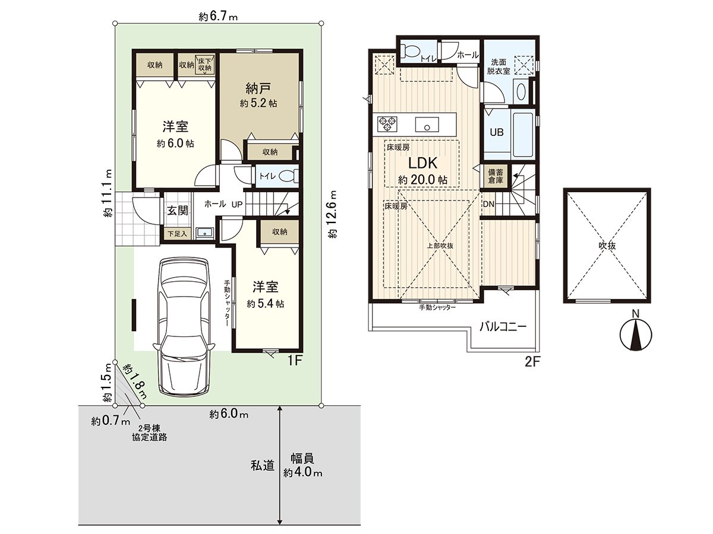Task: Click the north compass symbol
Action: (x=635, y=335)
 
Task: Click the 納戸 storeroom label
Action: (x=258, y=89)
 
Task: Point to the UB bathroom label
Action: (x=496, y=132)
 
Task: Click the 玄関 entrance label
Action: (x=176, y=210)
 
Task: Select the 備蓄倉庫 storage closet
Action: (x=496, y=176)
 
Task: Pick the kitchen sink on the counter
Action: (x=427, y=125)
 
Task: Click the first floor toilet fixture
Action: (x=288, y=176)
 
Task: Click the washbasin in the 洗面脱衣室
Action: (x=521, y=92)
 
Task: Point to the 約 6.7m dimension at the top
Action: (x=218, y=17)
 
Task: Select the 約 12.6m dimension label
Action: (x=333, y=214)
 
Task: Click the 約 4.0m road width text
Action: (x=302, y=473)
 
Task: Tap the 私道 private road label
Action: (x=262, y=466)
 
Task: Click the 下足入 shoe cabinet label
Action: (x=176, y=234)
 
